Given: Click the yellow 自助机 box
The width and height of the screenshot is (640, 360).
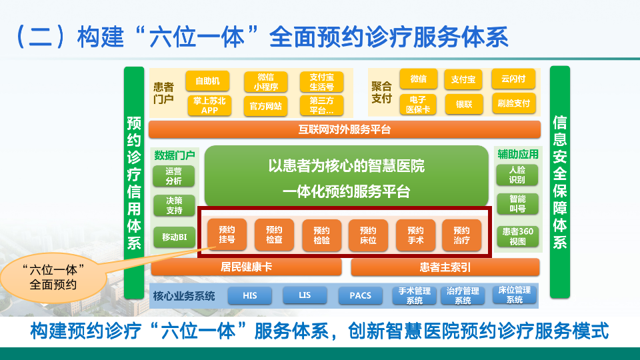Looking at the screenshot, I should click(207, 81).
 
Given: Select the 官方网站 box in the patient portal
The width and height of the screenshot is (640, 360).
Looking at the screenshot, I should click(265, 105).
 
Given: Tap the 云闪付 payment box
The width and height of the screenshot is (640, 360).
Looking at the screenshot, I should click(513, 79).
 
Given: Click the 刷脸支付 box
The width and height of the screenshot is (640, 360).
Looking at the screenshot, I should click(513, 103).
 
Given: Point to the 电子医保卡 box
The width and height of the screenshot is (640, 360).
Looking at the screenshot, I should click(418, 104).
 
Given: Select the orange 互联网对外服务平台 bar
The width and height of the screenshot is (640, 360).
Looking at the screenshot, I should click(345, 129).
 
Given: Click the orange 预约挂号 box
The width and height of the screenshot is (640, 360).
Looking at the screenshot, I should click(227, 235).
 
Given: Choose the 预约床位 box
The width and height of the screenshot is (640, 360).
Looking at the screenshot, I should click(368, 235).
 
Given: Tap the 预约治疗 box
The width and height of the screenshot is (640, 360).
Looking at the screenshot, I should click(461, 235).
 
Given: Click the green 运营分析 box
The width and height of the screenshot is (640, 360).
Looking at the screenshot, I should click(173, 176).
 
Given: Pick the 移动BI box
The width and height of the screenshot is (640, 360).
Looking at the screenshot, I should click(173, 237).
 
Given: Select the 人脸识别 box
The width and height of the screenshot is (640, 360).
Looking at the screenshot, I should click(517, 175).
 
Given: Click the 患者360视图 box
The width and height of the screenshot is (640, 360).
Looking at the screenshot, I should click(517, 237).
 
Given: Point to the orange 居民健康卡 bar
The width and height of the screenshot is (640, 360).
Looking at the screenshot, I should click(246, 267).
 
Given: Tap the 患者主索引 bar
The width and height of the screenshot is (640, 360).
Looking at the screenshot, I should click(445, 267).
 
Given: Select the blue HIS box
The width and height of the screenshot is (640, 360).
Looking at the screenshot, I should click(250, 295).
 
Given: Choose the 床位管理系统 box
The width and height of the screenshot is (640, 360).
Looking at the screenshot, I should click(514, 295).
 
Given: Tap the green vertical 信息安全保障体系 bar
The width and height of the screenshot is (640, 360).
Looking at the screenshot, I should click(560, 181).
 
